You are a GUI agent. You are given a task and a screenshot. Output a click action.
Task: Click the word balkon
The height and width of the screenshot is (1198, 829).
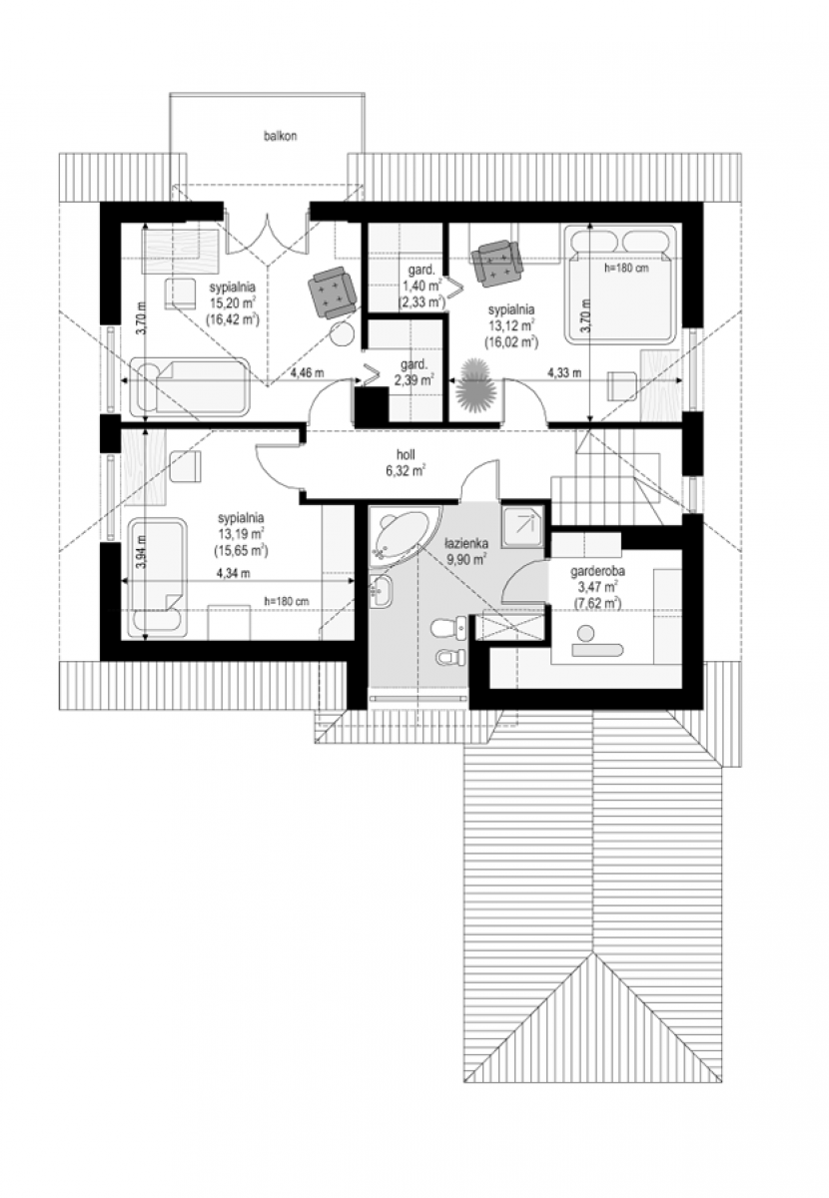280,136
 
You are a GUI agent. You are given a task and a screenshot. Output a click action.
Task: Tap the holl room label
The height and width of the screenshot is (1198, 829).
406,454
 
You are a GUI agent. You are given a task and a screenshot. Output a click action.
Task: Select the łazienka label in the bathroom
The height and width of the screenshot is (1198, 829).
466,543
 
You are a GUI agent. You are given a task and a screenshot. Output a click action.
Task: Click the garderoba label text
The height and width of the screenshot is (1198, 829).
597,572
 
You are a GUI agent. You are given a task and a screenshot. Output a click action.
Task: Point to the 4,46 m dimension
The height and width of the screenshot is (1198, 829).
307,373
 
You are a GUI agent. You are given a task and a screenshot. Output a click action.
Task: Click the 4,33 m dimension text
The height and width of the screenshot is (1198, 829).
564,372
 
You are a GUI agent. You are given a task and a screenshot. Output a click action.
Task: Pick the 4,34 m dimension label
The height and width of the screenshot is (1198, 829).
233,573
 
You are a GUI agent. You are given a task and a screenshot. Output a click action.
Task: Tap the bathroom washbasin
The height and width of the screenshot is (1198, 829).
383,592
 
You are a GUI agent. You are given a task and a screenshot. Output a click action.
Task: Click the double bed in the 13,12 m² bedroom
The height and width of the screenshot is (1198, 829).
619,283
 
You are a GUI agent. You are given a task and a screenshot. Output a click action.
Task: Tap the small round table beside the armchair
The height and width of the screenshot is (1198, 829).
342,334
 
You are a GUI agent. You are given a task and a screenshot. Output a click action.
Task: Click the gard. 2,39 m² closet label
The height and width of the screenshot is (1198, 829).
414,372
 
